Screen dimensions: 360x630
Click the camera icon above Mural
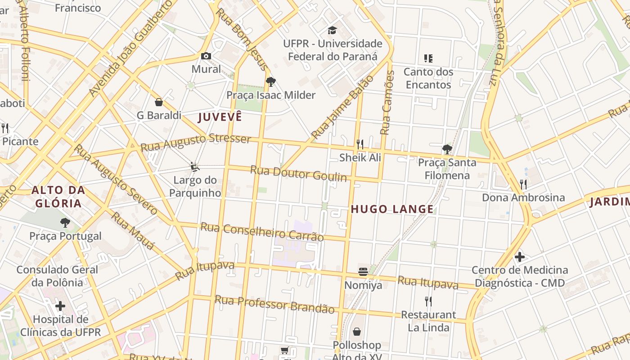point(206,56)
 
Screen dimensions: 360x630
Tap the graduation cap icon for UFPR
point(332,31)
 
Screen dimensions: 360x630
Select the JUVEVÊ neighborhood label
point(220,117)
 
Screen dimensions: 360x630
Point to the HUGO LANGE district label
point(392,209)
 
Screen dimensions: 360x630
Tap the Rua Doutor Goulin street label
point(298,173)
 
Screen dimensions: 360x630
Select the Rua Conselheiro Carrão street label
point(262,231)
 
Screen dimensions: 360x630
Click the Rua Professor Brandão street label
point(274,304)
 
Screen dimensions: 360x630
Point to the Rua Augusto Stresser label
point(195,142)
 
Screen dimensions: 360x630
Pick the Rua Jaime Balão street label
point(342,107)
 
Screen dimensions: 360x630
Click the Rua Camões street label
point(387,103)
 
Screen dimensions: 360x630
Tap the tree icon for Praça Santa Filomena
point(447,149)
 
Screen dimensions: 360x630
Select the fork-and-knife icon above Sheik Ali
point(360,144)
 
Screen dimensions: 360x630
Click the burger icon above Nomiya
point(363,272)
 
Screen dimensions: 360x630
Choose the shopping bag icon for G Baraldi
point(158,102)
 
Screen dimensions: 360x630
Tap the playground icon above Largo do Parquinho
point(194,167)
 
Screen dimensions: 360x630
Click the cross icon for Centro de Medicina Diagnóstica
point(520,257)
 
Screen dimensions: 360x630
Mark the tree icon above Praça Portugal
point(65,222)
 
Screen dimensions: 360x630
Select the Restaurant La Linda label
point(428,321)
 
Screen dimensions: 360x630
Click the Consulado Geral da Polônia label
point(57,276)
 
